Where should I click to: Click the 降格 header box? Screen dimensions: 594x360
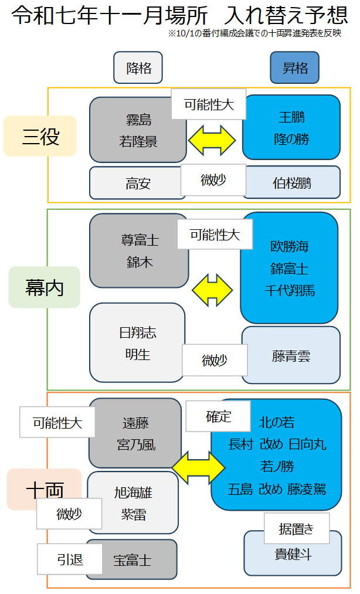point(138,67)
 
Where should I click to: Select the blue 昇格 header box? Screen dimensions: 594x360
point(294,67)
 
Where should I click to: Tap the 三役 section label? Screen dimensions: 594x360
point(40,136)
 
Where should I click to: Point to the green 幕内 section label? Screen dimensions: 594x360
point(44,287)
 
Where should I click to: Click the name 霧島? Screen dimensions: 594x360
point(138,120)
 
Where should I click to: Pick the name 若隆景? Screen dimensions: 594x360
point(138,141)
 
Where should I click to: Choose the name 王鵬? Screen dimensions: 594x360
point(291,117)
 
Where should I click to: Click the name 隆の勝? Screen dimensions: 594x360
point(291,140)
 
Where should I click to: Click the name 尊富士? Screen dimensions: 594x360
point(139,240)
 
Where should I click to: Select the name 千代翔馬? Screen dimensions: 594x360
point(289,290)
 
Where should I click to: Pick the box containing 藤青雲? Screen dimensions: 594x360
point(291,356)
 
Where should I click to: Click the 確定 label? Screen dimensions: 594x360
point(218,416)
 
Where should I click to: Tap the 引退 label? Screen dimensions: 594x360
point(70,559)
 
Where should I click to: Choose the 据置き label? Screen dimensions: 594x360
point(297,528)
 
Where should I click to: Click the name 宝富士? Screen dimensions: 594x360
point(133,561)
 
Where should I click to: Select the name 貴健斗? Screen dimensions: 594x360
point(293,554)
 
